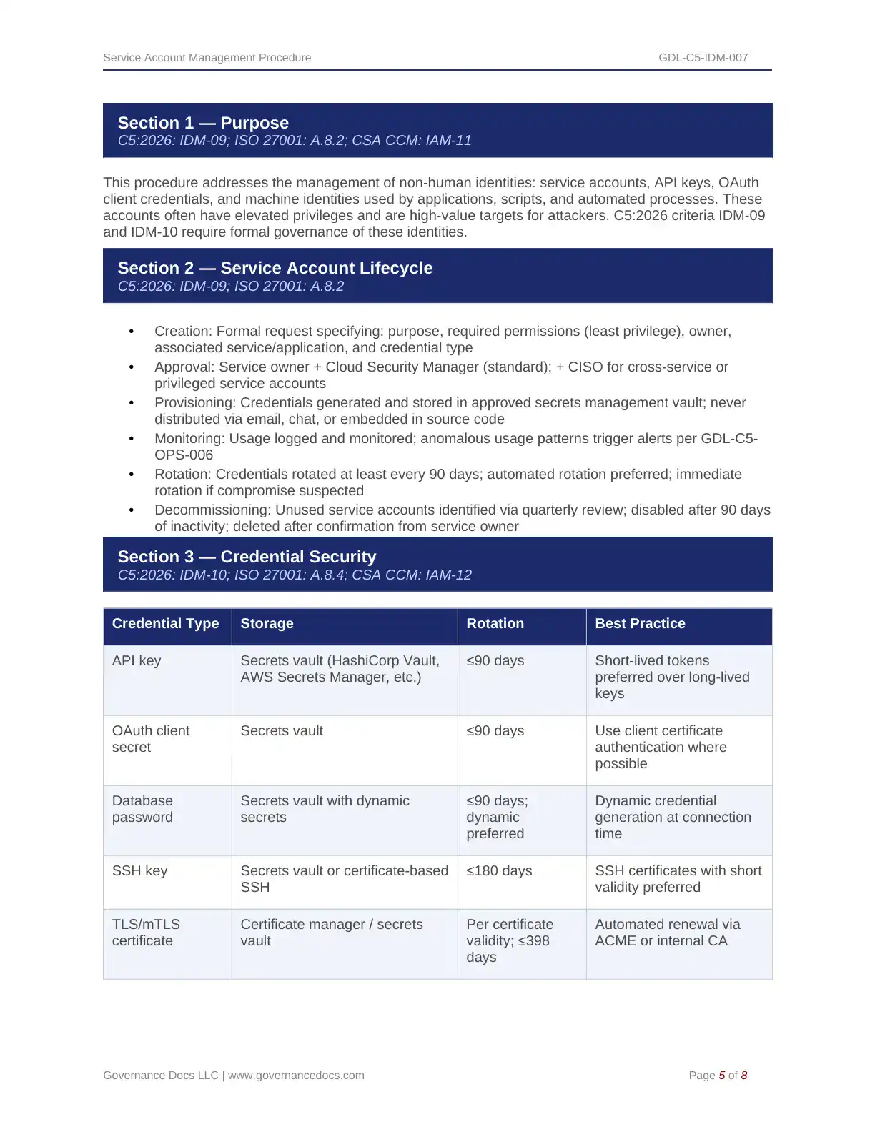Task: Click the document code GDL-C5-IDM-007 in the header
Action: click(703, 58)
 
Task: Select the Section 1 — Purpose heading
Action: click(203, 123)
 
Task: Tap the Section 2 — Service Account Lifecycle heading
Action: click(275, 268)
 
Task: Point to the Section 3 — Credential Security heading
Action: click(247, 557)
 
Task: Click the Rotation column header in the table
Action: click(495, 623)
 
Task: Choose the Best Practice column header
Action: click(640, 623)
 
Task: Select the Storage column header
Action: click(267, 623)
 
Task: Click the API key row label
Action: click(137, 660)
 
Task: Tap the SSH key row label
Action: click(139, 870)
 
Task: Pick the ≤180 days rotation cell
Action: click(499, 870)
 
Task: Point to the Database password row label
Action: click(142, 809)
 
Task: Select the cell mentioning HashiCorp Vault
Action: click(340, 669)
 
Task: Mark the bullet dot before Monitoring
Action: click(132, 439)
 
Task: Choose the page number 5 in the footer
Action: click(722, 1076)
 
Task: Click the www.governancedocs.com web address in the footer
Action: click(296, 1076)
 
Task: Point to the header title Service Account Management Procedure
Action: click(207, 58)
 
